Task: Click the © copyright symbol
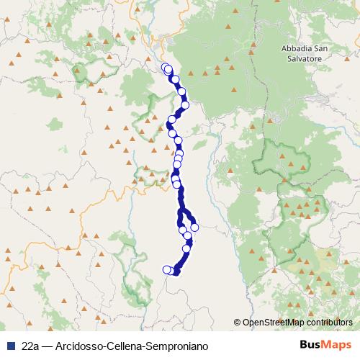237,322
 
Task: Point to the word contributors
328,322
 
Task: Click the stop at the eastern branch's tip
194,228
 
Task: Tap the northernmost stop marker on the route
165,68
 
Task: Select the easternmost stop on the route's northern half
185,105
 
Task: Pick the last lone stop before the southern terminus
187,249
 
